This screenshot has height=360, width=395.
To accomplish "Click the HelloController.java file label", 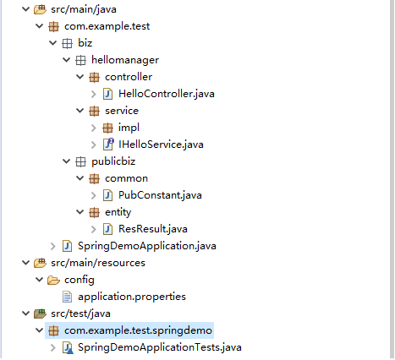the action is [167, 94].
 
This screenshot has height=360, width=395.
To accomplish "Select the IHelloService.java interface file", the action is [161, 145].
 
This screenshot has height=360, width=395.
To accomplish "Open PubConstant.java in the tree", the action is [160, 195].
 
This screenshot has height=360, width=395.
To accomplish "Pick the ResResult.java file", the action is [153, 229].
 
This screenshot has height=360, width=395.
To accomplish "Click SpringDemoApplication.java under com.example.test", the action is [147, 246].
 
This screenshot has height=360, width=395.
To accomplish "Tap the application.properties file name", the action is [132, 297].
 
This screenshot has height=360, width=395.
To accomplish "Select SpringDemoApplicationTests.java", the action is [160, 347].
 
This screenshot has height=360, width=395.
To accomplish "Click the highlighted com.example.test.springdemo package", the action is [138, 330].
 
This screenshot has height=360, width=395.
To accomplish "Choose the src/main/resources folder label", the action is [98, 263].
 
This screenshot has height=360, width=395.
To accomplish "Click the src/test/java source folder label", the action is [80, 314].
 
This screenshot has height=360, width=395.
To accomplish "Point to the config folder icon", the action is [53, 280].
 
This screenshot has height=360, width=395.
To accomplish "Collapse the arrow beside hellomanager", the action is [67, 60].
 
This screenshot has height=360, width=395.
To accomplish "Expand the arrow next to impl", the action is [94, 128].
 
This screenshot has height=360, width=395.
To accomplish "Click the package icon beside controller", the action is [94, 77].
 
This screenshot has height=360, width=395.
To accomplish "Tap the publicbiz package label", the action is [113, 161].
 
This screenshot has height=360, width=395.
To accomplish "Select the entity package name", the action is [118, 212].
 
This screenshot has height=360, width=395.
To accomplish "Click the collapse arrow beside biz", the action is [53, 43].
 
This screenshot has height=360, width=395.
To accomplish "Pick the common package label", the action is [126, 178].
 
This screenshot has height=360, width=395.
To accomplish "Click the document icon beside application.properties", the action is [67, 297].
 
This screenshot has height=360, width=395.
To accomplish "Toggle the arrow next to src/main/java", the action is [26, 9].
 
